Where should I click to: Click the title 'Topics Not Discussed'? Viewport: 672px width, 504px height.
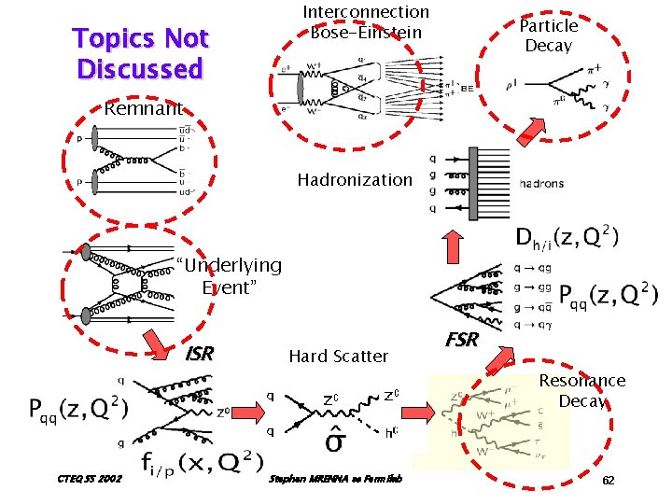pyautogui.click(x=141, y=53)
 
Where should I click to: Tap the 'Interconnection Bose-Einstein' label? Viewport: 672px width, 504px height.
pyautogui.click(x=366, y=22)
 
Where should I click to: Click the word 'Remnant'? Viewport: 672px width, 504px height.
pyautogui.click(x=143, y=108)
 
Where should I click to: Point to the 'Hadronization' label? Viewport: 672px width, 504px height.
pyautogui.click(x=354, y=179)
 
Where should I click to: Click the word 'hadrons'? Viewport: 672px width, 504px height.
pyautogui.click(x=540, y=184)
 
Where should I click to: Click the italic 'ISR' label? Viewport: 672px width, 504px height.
pyautogui.click(x=200, y=354)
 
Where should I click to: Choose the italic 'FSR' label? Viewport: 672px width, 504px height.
pyautogui.click(x=461, y=340)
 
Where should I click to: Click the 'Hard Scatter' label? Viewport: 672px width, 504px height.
pyautogui.click(x=338, y=356)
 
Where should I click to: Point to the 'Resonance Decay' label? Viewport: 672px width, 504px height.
pyautogui.click(x=582, y=390)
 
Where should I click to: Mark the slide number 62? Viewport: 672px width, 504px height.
pyautogui.click(x=608, y=480)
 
